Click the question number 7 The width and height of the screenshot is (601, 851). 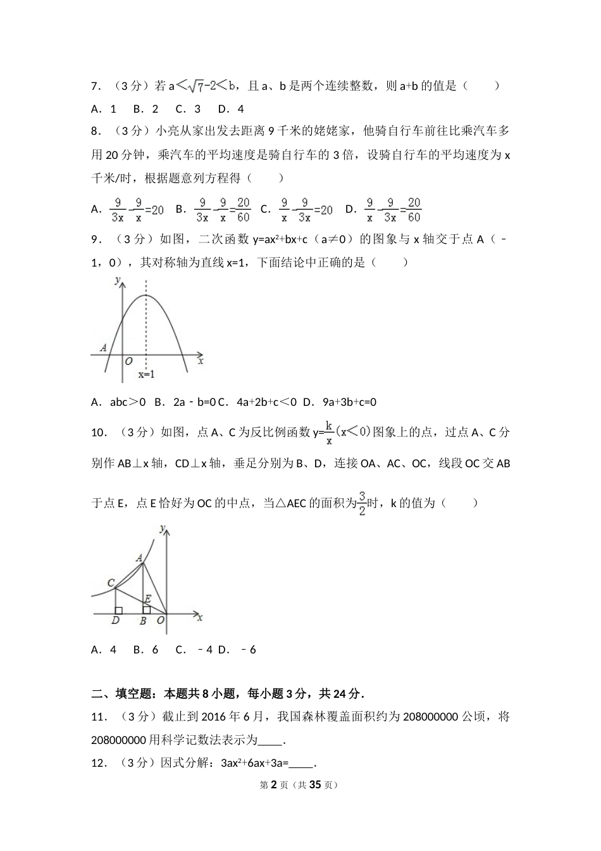[96, 86]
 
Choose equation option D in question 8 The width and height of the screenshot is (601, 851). [392, 210]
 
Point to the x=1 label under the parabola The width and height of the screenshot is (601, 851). [147, 374]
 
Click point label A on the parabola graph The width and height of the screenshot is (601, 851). [103, 348]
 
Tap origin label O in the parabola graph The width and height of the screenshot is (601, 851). [128, 362]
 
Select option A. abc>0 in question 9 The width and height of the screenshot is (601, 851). [118, 401]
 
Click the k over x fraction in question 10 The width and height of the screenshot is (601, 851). [329, 432]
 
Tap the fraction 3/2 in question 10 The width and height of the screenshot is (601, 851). [362, 502]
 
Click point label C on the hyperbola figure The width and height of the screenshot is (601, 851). [111, 583]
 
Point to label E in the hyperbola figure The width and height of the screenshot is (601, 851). [147, 598]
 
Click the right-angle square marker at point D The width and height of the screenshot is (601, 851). [118, 610]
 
